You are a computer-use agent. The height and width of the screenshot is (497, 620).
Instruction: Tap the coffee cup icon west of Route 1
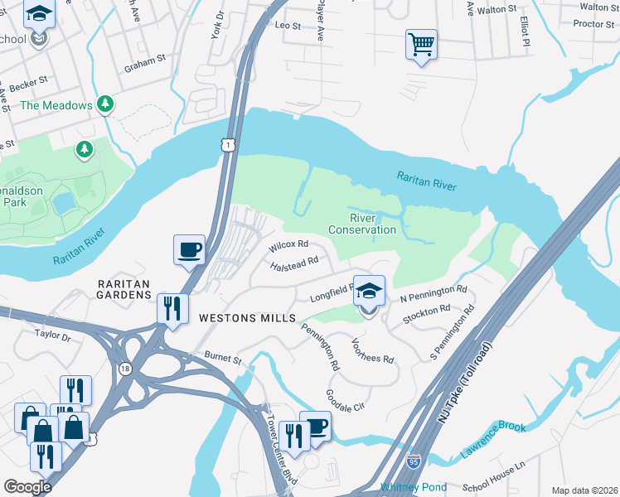(x=189, y=249)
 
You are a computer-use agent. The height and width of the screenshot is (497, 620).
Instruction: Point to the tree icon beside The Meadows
(x=104, y=104)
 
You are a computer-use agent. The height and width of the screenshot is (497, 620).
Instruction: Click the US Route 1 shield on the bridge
(x=227, y=145)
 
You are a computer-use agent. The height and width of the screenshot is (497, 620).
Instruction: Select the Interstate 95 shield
(x=413, y=458)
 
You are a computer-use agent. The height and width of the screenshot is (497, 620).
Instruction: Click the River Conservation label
(x=361, y=224)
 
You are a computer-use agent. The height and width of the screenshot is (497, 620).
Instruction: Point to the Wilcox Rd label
(x=288, y=245)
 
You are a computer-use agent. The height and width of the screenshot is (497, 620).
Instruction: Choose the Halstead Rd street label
(x=294, y=263)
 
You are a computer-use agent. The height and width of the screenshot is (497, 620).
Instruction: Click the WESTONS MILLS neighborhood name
(x=247, y=318)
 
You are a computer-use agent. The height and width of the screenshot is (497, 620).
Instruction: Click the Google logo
(x=27, y=487)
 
